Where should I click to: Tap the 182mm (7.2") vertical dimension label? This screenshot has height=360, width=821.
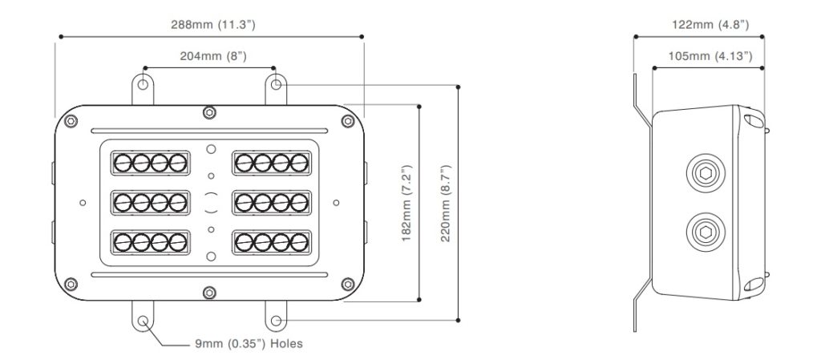406,204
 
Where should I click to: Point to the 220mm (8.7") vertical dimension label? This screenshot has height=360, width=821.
446,204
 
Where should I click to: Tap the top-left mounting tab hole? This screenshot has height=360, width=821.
144,83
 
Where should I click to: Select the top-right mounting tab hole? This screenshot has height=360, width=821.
275,83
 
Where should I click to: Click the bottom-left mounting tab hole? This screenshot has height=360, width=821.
144,321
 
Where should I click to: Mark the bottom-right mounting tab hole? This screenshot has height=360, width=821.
275,321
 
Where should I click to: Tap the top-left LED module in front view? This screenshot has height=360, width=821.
151,164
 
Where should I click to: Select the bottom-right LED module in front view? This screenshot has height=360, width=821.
270,241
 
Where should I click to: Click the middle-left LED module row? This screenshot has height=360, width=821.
151,202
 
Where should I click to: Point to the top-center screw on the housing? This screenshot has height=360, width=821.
209,111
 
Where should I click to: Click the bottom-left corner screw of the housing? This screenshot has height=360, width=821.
71,282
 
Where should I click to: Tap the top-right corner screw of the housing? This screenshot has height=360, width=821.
347,121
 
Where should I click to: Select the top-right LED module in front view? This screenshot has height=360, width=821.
270,164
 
